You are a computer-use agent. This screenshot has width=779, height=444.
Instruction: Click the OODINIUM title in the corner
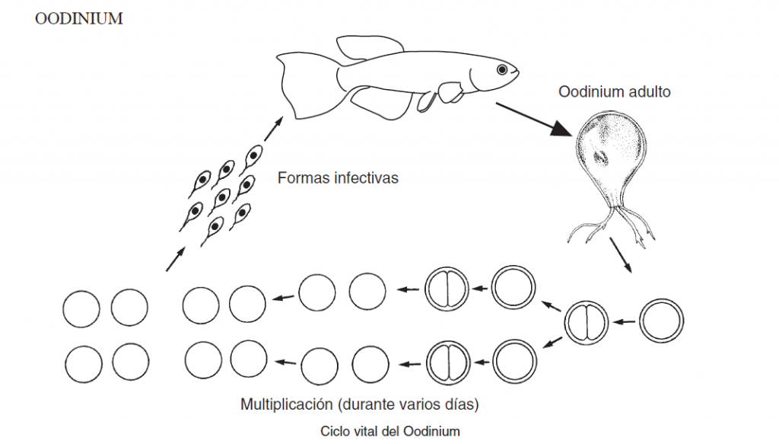(x=79, y=19)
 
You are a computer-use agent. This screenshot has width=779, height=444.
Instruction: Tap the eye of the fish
(x=502, y=70)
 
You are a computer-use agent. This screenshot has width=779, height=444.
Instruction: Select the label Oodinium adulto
(x=615, y=93)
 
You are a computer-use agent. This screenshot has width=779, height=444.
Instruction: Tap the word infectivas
(x=364, y=179)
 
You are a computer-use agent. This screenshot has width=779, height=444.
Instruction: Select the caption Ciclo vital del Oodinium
(x=390, y=431)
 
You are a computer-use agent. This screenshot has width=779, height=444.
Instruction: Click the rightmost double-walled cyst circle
(x=661, y=321)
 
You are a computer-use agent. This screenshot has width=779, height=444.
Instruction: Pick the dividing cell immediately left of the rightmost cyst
(x=587, y=321)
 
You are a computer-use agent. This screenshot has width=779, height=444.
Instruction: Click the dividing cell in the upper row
(x=446, y=289)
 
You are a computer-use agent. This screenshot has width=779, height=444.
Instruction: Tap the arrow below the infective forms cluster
(x=174, y=260)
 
